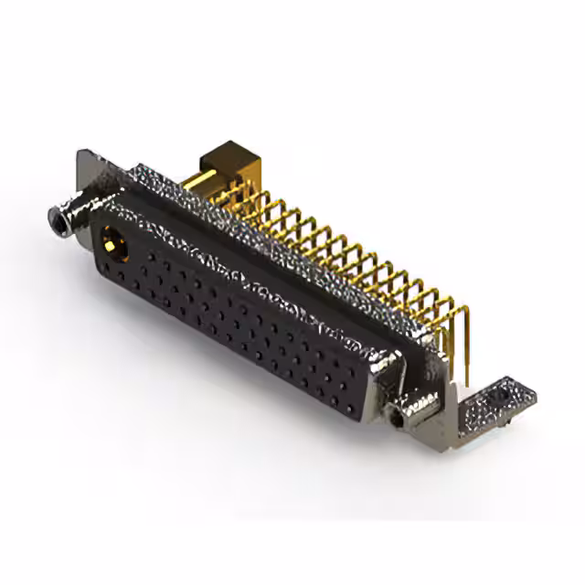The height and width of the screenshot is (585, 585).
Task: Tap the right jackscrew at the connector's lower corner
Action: point(398,416)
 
